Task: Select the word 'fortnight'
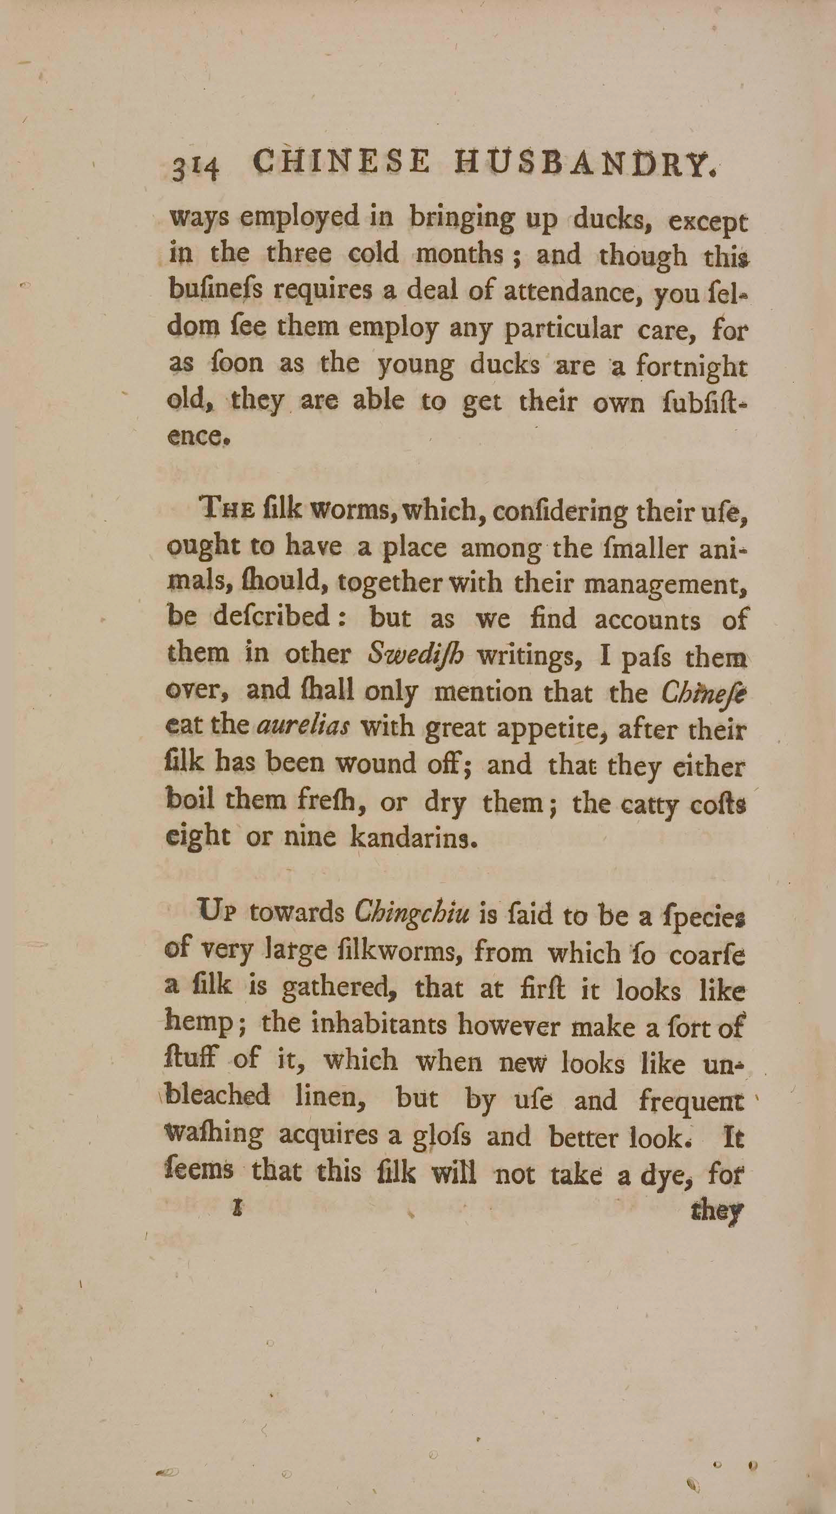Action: (x=692, y=369)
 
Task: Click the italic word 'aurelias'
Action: (x=303, y=727)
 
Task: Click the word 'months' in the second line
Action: (x=460, y=255)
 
